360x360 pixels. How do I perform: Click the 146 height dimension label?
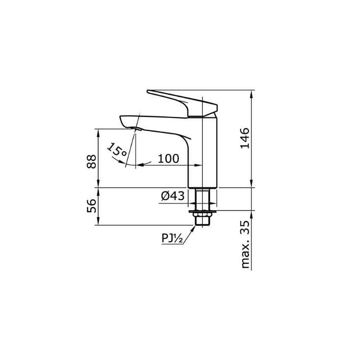[x=245, y=139]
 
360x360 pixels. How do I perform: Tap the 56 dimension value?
[x=91, y=206]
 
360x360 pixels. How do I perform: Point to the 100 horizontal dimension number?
[x=168, y=158]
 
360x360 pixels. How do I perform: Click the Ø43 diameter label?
[x=172, y=196]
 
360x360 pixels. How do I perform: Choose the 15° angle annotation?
[x=117, y=151]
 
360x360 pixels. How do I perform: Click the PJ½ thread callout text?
[x=172, y=238]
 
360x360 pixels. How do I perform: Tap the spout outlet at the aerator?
[x=137, y=129]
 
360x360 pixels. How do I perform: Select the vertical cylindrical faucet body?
[x=203, y=152]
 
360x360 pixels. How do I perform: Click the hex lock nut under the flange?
[x=203, y=216]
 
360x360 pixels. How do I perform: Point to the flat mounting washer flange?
[x=203, y=211]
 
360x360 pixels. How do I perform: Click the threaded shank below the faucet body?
[x=203, y=199]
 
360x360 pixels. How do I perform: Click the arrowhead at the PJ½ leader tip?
[x=194, y=226]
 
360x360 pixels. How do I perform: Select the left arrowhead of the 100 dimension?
[x=138, y=165]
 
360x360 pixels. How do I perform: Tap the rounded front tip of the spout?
[x=122, y=118]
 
